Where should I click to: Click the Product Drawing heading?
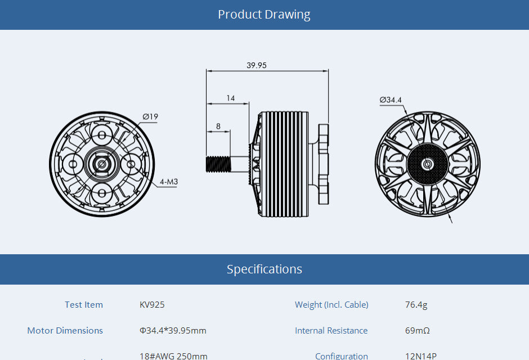tap(264, 14)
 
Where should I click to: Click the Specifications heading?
tap(264, 269)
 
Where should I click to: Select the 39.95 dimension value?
tap(257, 65)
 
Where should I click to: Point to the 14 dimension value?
tap(231, 98)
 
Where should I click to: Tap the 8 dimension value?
tap(218, 126)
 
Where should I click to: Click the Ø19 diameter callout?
tap(150, 116)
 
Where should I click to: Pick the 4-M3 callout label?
tap(168, 182)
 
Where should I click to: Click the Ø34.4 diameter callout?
tap(391, 100)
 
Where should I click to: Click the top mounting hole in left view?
tap(102, 135)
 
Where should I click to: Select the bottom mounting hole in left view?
tap(102, 193)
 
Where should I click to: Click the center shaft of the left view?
tap(102, 164)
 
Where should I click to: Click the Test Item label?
tap(84, 305)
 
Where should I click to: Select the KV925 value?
tap(152, 305)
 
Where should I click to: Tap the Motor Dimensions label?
tap(65, 331)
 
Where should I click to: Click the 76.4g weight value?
tap(416, 305)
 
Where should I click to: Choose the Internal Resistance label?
tap(331, 331)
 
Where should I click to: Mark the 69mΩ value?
tap(417, 331)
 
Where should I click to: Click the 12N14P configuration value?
tap(420, 355)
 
